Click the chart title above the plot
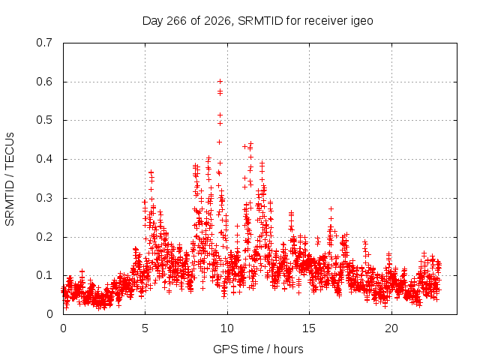tap(258, 21)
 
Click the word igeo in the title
tap(361, 22)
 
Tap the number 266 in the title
tap(176, 21)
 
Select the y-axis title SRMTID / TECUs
tap(10, 179)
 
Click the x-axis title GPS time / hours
tap(258, 349)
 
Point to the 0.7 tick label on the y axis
tap(44, 43)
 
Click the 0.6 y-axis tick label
tap(44, 82)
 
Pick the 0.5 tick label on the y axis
tap(44, 120)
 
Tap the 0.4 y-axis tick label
tap(44, 159)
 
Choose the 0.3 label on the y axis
tap(44, 198)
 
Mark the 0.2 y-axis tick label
tap(44, 237)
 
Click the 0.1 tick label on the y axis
tap(44, 275)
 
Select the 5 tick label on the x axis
tap(145, 328)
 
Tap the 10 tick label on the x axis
tap(226, 328)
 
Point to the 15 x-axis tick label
tap(309, 328)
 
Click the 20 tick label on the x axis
tap(391, 328)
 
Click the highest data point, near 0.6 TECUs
tap(220, 82)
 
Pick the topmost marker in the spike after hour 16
tap(331, 208)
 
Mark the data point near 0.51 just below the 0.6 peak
tap(220, 115)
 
